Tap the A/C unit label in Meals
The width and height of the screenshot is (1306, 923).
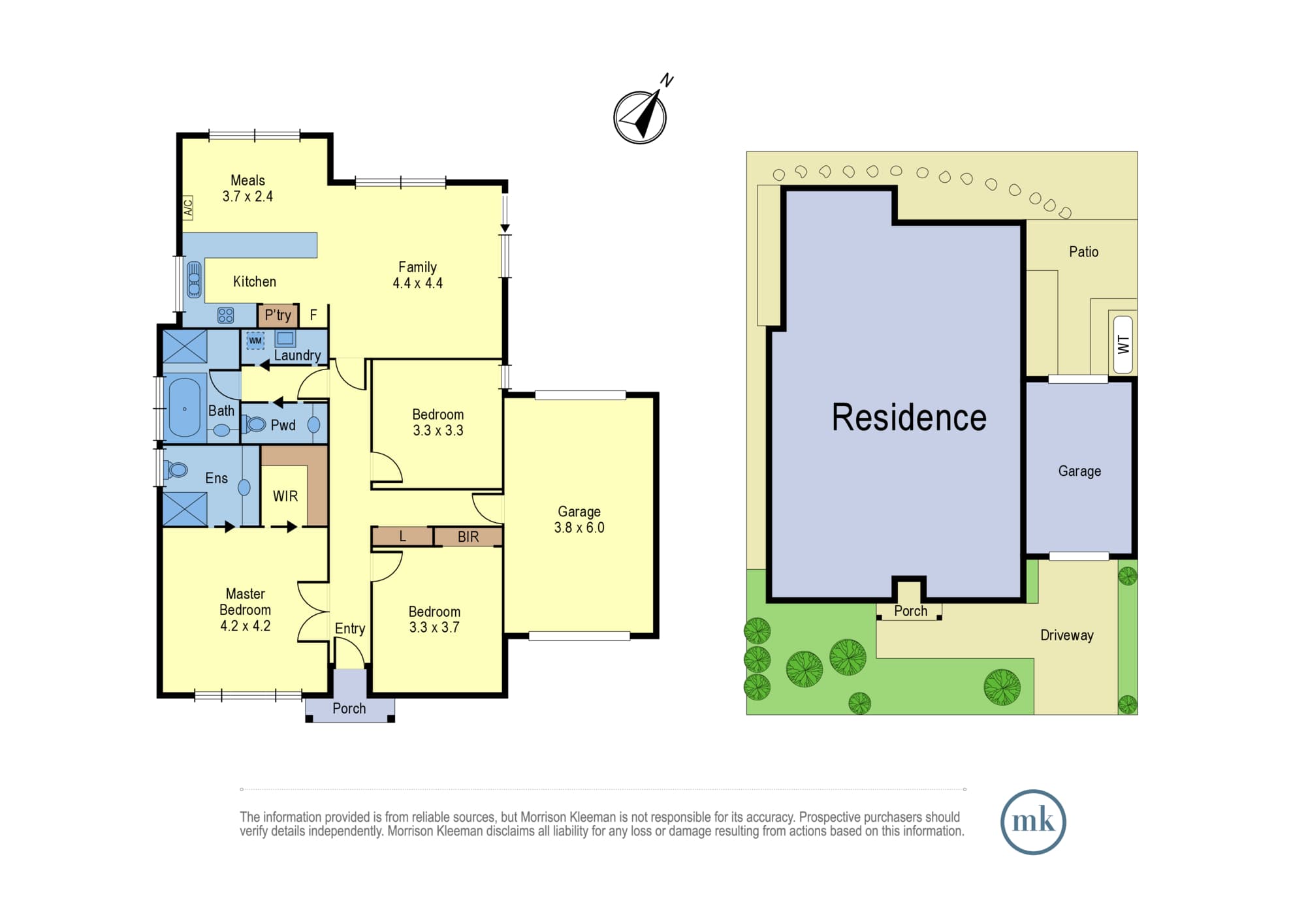[x=187, y=208]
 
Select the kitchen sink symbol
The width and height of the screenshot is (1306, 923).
[x=194, y=279]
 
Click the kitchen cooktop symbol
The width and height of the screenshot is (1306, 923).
[x=225, y=315]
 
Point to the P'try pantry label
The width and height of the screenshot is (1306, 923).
[x=278, y=315]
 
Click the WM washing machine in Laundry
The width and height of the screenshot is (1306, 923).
[x=255, y=340]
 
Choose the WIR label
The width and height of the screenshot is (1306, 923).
[x=285, y=496]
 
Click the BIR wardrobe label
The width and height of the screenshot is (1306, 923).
[x=468, y=537]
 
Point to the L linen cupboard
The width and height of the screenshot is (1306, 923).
[x=402, y=537]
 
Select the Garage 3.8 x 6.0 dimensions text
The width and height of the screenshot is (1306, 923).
[x=579, y=527]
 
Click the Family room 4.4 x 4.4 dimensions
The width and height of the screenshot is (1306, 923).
[x=418, y=283]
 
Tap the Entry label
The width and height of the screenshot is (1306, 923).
[x=350, y=628]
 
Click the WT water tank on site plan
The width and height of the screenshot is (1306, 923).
[x=1123, y=345]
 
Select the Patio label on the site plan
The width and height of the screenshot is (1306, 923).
[x=1083, y=251]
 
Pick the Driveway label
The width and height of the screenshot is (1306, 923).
[x=1066, y=635]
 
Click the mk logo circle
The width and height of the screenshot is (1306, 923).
[x=1033, y=822]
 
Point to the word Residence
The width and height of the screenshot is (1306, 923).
[x=909, y=417]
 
